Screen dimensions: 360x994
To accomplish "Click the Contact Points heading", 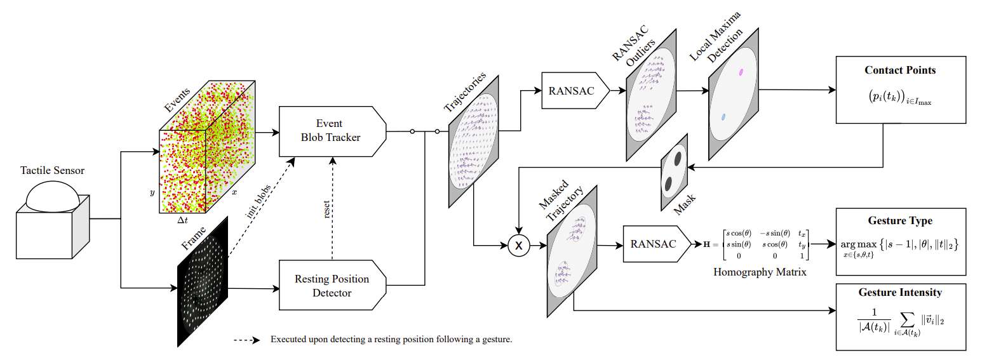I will coord(899,70).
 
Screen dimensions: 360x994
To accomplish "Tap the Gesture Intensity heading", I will coord(899,293).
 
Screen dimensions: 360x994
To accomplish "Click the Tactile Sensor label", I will coord(52,170).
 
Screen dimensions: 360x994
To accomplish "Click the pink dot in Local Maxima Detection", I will coord(741,72).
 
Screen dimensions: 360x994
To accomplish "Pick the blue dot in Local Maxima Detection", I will coord(723,117).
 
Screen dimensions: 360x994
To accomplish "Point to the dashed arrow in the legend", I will coord(246,340).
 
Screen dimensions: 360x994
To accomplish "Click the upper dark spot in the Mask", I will coord(678,158).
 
